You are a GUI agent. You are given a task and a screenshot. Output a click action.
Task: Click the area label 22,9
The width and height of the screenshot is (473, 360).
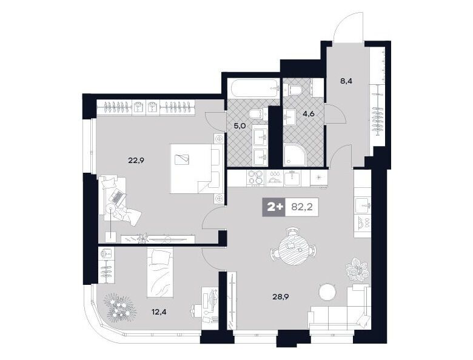pyautogui.click(x=136, y=160)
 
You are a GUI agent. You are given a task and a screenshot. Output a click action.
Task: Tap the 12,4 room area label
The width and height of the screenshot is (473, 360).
pyautogui.click(x=159, y=312)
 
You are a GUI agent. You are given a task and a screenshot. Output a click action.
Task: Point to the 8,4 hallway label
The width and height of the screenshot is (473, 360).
pyautogui.click(x=347, y=81)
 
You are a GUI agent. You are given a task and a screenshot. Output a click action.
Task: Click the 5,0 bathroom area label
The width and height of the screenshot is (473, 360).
pyautogui.click(x=240, y=125)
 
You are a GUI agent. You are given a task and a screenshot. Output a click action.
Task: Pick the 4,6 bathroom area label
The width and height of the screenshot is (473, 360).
pyautogui.click(x=309, y=114)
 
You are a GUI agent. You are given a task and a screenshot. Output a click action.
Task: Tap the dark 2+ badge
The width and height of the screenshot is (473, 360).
pyautogui.click(x=273, y=207)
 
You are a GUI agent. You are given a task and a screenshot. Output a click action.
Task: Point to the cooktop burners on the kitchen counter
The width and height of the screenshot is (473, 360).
pyautogui.click(x=255, y=178)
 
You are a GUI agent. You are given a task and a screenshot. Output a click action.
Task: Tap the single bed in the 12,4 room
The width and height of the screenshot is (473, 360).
pyautogui.click(x=160, y=272)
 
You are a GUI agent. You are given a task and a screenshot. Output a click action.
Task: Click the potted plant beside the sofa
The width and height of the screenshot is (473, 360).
pyautogui.click(x=357, y=269)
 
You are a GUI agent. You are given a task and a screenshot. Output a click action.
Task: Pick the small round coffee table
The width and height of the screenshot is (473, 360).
pyautogui.click(x=327, y=292)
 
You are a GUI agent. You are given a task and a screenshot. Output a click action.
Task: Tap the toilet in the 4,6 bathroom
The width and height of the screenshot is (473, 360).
pyautogui.click(x=293, y=90)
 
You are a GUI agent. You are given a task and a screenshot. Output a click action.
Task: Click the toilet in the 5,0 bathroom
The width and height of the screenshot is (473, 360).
pyautogui.click(x=257, y=115)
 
